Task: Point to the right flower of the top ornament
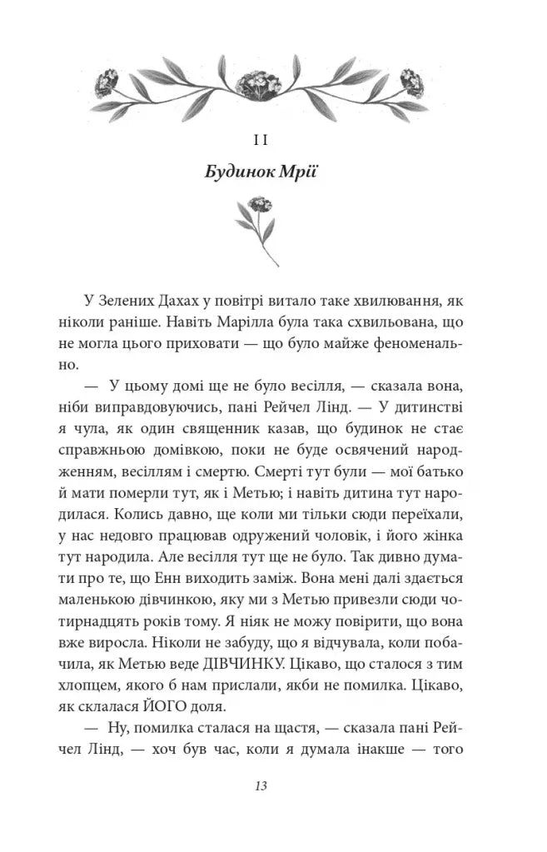tap(414, 80)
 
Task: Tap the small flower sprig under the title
tap(259, 229)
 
